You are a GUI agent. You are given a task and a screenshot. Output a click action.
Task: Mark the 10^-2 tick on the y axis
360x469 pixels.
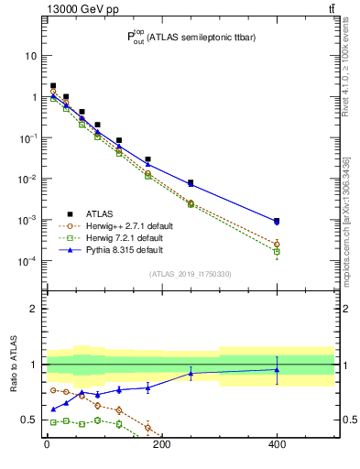point(27,179)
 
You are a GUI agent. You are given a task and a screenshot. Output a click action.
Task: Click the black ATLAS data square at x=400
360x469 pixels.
point(277,222)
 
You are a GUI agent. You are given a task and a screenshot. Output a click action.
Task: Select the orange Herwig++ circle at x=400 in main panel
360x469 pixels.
point(277,244)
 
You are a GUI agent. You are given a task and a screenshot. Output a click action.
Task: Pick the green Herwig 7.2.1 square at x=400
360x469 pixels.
point(277,251)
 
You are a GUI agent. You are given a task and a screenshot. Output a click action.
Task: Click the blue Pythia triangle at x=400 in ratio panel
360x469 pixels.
point(277,369)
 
